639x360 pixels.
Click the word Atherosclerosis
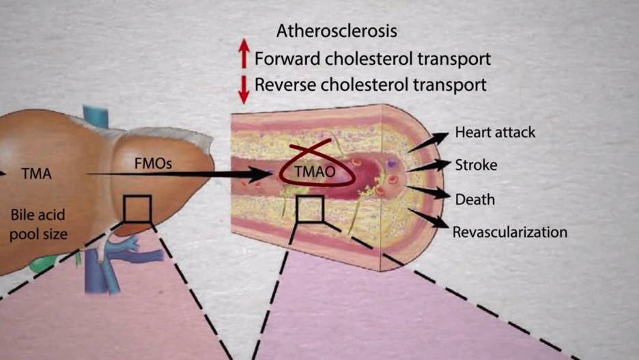[337, 31]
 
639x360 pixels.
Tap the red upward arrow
[244, 53]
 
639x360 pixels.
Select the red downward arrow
[244, 89]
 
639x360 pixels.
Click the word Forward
[287, 59]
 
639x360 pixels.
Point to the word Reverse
[285, 85]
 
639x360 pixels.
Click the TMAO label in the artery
[315, 171]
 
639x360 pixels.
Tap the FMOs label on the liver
[153, 163]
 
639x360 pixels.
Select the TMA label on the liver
[37, 174]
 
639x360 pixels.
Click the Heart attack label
[495, 132]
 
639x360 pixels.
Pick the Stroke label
[476, 165]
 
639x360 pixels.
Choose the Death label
[474, 199]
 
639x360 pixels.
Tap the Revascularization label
[510, 232]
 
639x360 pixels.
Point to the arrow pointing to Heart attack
[428, 142]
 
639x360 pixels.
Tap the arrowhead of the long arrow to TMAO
[260, 174]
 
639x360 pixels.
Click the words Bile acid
[38, 215]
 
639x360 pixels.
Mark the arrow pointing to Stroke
[429, 166]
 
